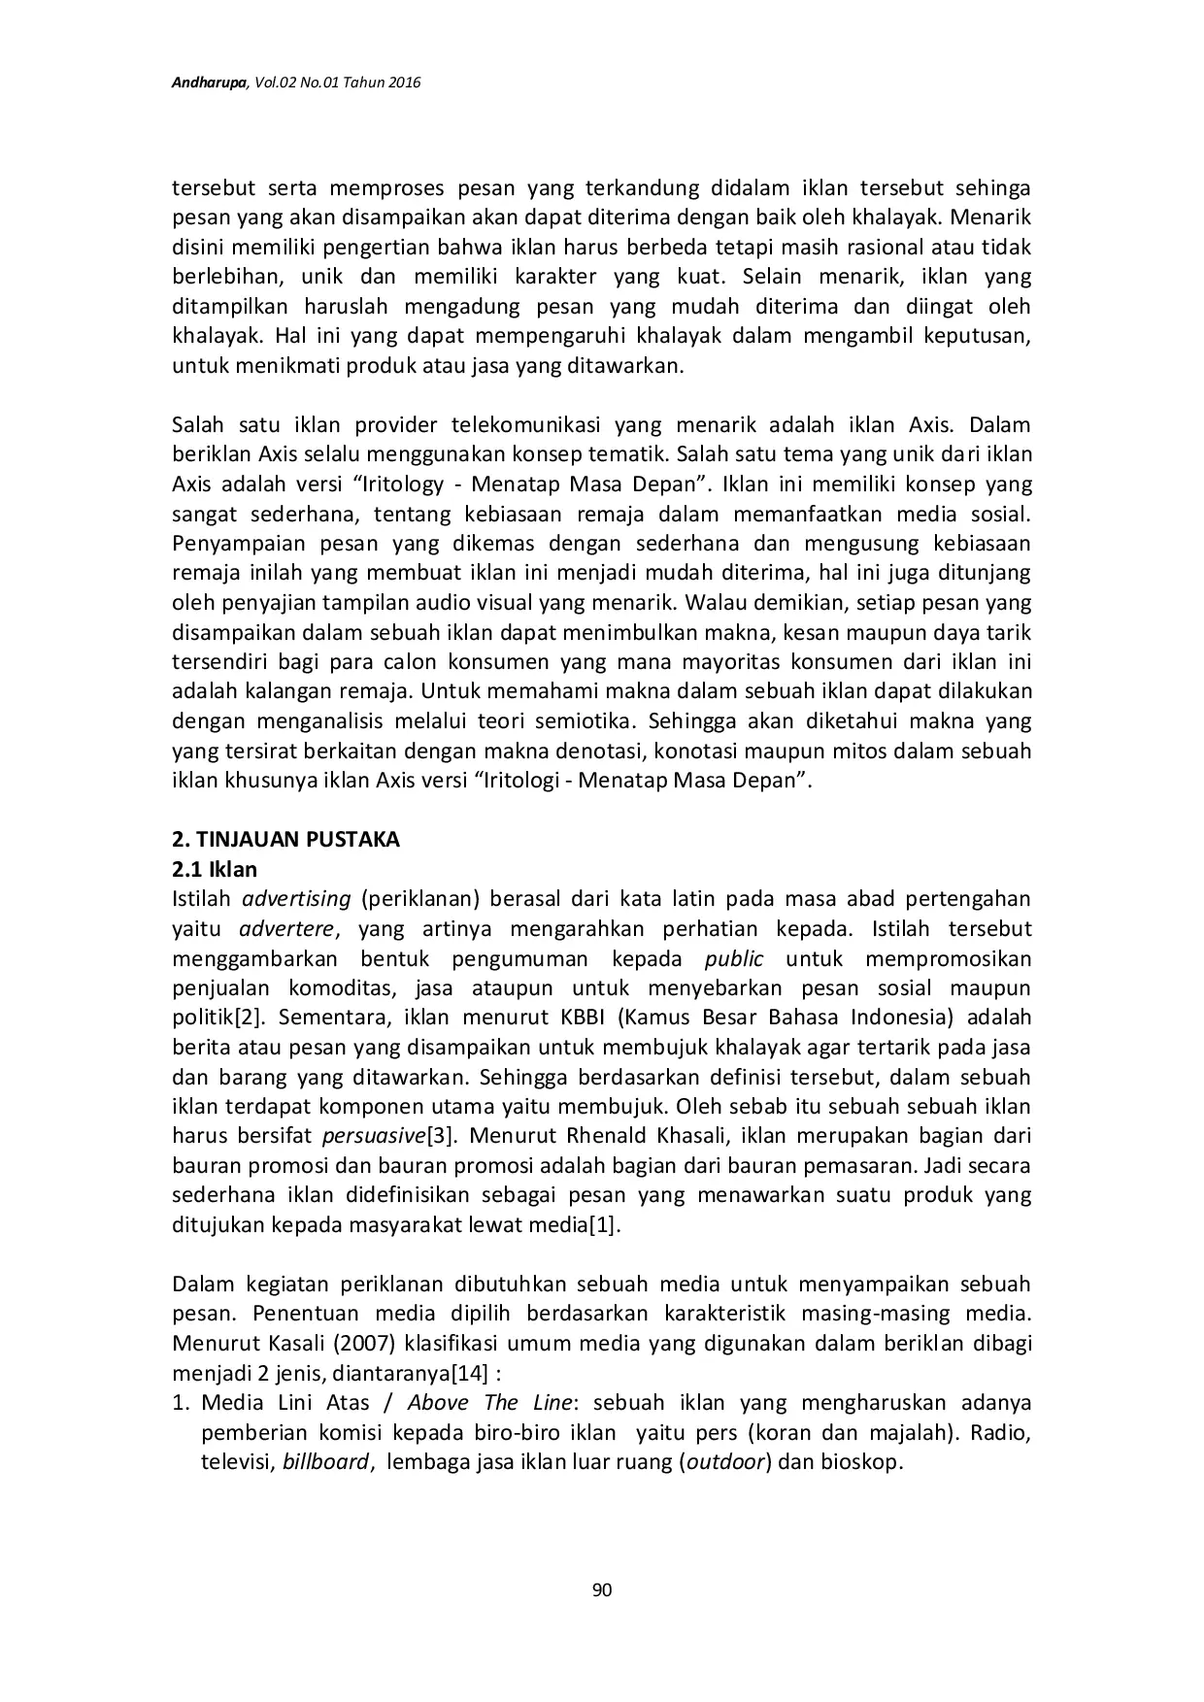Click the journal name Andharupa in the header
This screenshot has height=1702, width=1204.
pos(210,84)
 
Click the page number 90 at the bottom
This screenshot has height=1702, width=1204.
pos(602,1589)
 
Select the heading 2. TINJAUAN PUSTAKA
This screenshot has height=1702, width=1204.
pos(285,839)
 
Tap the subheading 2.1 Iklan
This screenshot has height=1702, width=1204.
pos(215,869)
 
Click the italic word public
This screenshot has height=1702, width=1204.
pos(734,958)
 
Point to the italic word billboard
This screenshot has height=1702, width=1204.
pos(325,1462)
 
